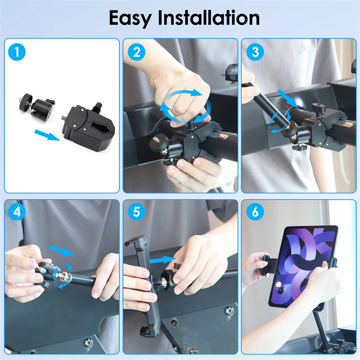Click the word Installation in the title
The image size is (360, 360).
(209, 18)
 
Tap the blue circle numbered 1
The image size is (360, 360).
(17, 52)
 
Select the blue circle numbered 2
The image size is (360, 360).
(137, 52)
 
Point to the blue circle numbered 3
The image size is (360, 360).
(255, 52)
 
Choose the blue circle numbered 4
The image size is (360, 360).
(17, 212)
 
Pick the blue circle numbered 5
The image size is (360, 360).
(137, 212)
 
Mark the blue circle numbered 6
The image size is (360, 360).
(255, 212)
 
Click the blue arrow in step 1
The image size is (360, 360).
(47, 135)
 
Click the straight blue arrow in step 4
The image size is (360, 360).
(62, 251)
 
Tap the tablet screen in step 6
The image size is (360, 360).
(304, 266)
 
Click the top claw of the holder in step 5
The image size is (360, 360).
(135, 241)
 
